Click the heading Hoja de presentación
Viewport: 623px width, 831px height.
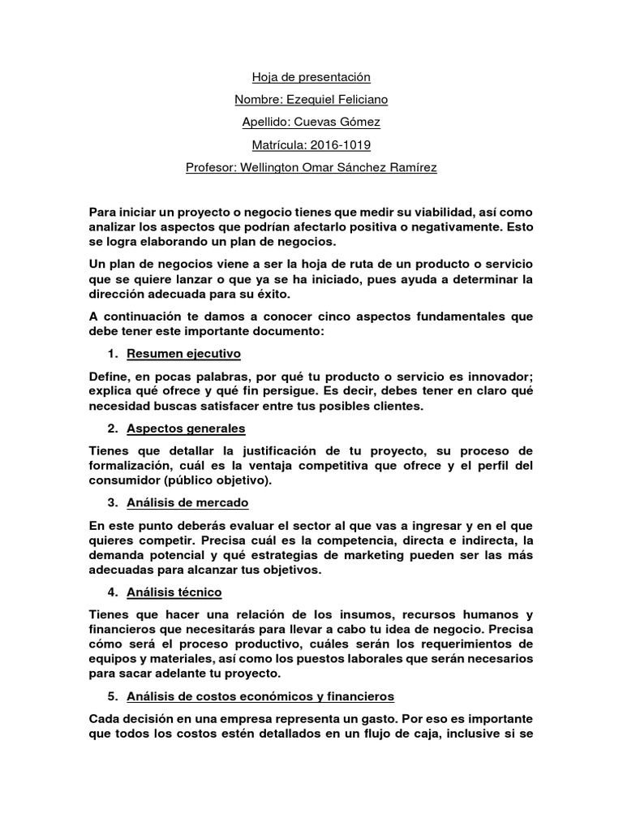311,77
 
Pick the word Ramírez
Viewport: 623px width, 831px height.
410,168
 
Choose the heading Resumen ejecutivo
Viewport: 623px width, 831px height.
183,355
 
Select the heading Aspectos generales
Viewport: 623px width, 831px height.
186,428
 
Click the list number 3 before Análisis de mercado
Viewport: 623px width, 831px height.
111,503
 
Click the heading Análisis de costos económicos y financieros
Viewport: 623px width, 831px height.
260,696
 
